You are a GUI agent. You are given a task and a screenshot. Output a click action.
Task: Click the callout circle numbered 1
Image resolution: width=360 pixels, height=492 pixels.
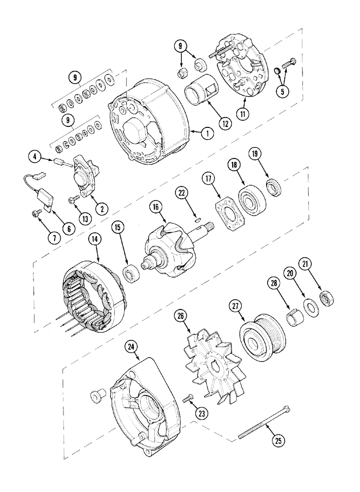tap(207, 132)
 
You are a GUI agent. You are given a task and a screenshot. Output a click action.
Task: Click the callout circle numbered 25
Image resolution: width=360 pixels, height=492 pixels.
tap(279, 441)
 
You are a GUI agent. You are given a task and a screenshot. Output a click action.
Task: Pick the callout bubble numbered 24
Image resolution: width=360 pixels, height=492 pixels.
tap(130, 346)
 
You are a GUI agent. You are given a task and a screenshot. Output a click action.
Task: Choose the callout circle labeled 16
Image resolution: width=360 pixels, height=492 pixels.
tap(155, 209)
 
